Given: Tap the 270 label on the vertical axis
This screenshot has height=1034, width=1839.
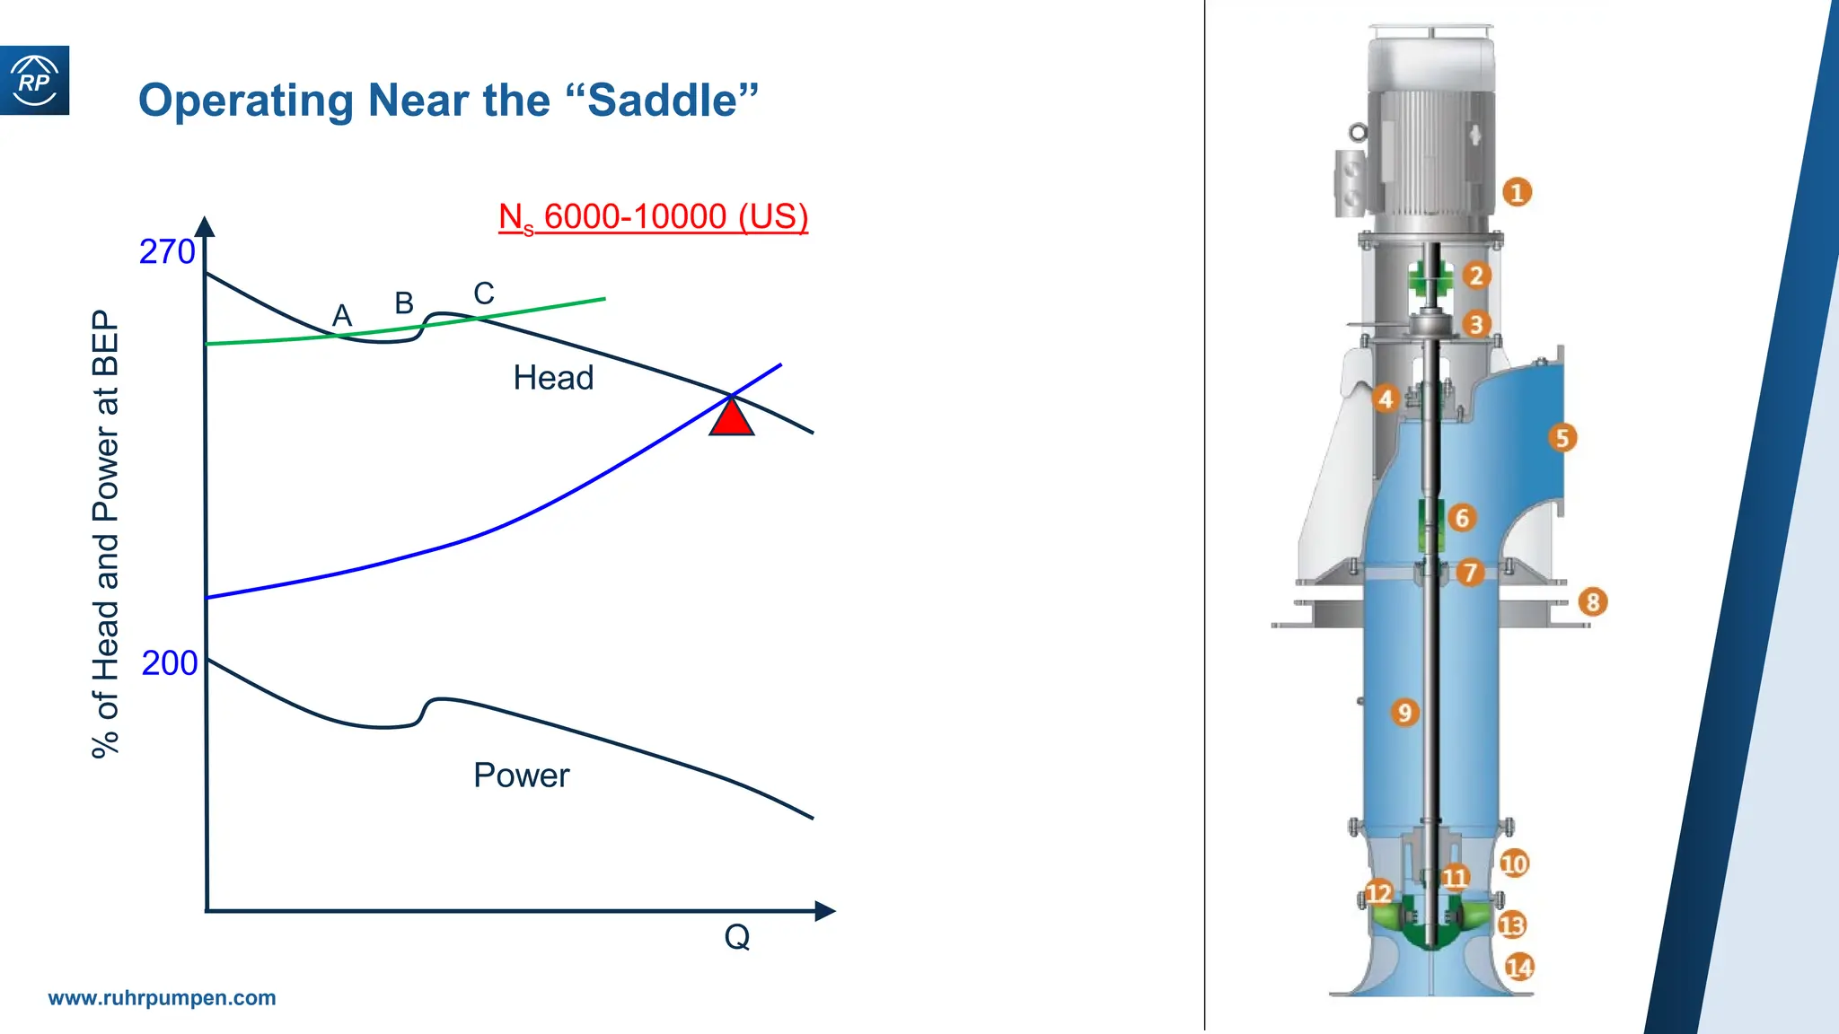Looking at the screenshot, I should [167, 252].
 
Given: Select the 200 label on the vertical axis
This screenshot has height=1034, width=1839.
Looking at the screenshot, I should [169, 663].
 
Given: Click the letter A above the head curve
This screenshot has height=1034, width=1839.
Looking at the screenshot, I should [342, 316].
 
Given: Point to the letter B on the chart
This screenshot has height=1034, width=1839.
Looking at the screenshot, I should [404, 303].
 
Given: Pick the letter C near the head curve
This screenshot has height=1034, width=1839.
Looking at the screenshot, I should [484, 294].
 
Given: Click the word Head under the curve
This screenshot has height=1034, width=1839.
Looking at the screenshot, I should [553, 378].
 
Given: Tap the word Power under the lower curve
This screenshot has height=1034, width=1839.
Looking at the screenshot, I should [521, 775].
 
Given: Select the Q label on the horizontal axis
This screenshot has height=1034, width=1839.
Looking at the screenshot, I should [737, 937].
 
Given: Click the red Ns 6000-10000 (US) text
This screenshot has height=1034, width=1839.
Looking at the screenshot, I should [653, 217].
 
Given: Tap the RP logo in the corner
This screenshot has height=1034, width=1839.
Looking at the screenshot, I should [34, 81].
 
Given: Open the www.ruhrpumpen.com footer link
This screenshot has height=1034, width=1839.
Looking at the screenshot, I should [162, 998].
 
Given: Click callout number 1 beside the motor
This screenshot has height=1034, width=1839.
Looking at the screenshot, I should [1517, 192].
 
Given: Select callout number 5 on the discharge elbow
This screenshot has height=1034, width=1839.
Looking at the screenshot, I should [1562, 438].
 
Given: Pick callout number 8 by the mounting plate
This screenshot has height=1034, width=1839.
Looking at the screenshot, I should [1592, 601].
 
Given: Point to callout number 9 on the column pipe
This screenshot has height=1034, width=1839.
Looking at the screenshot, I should [1404, 713].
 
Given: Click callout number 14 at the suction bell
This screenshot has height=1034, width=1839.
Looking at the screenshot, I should [1519, 968].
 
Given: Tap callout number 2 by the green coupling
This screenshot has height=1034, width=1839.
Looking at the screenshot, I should [1476, 276].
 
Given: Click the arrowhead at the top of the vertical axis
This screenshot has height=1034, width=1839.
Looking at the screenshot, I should [205, 226].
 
